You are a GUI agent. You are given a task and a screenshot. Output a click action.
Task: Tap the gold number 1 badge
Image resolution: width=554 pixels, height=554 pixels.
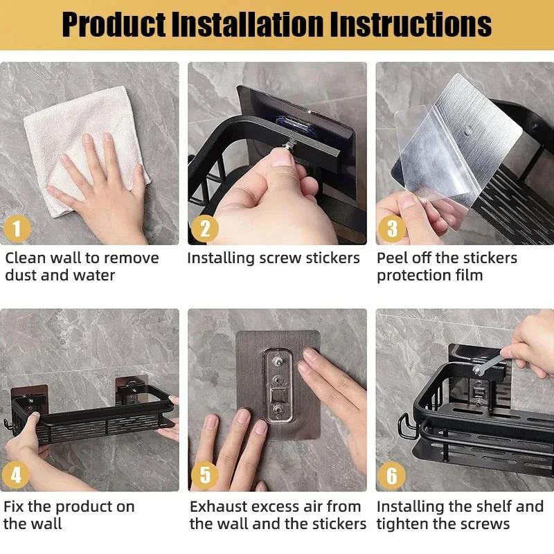click(17, 228)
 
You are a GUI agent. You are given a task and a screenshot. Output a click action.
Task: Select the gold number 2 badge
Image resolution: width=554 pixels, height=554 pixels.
click(204, 228)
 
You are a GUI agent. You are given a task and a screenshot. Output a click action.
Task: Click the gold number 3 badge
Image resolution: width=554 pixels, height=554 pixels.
click(393, 228)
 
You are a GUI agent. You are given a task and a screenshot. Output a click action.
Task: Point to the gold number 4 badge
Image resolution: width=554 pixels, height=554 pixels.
click(17, 475)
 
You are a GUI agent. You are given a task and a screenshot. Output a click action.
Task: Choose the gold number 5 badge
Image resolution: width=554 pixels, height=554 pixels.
click(204, 475)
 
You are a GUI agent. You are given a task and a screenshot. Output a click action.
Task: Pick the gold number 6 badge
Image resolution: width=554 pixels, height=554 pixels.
click(392, 475)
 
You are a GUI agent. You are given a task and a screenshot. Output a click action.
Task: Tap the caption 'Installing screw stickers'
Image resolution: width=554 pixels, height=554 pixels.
click(274, 258)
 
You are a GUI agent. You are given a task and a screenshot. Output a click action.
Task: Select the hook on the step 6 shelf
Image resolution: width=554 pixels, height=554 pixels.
click(404, 423)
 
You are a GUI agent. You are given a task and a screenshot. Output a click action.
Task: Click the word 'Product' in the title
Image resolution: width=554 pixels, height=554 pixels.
click(111, 25)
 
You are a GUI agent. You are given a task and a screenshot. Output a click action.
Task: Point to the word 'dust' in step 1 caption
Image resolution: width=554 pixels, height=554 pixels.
click(21, 275)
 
